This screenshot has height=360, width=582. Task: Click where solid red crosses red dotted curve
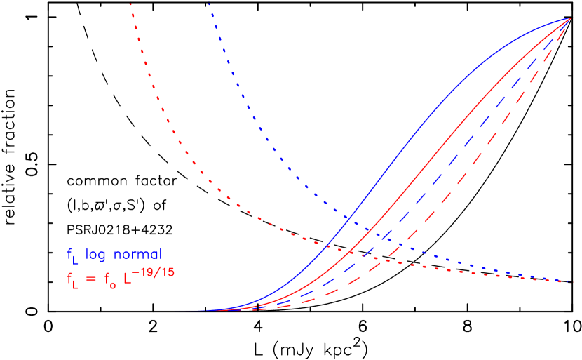coord(350,252)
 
